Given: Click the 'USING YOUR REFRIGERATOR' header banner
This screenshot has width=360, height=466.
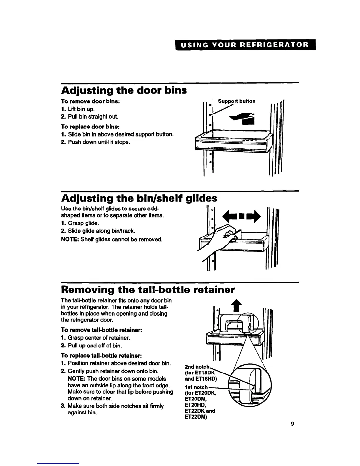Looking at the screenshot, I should [x=245, y=45].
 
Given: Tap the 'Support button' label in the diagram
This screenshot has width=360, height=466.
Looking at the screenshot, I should [x=236, y=101].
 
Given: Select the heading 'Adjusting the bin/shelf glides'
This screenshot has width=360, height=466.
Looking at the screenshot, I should [x=139, y=199].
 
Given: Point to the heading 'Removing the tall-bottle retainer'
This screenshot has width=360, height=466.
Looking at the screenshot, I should [x=148, y=290].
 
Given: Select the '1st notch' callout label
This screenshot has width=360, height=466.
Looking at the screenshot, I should [x=196, y=387].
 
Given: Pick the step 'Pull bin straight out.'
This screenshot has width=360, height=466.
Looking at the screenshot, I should [x=89, y=116].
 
